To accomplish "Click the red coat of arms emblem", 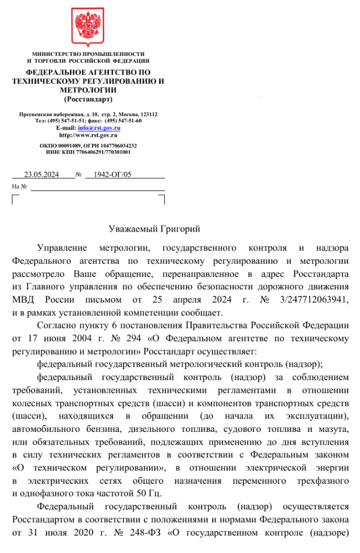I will tap(88, 27).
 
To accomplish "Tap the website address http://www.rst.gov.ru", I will tap(89, 134).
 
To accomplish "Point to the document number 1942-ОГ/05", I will tap(112, 174).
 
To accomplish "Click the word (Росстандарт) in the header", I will tap(88, 99).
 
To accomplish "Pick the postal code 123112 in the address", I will tap(149, 114).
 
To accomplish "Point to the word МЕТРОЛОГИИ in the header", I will tap(88, 90).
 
